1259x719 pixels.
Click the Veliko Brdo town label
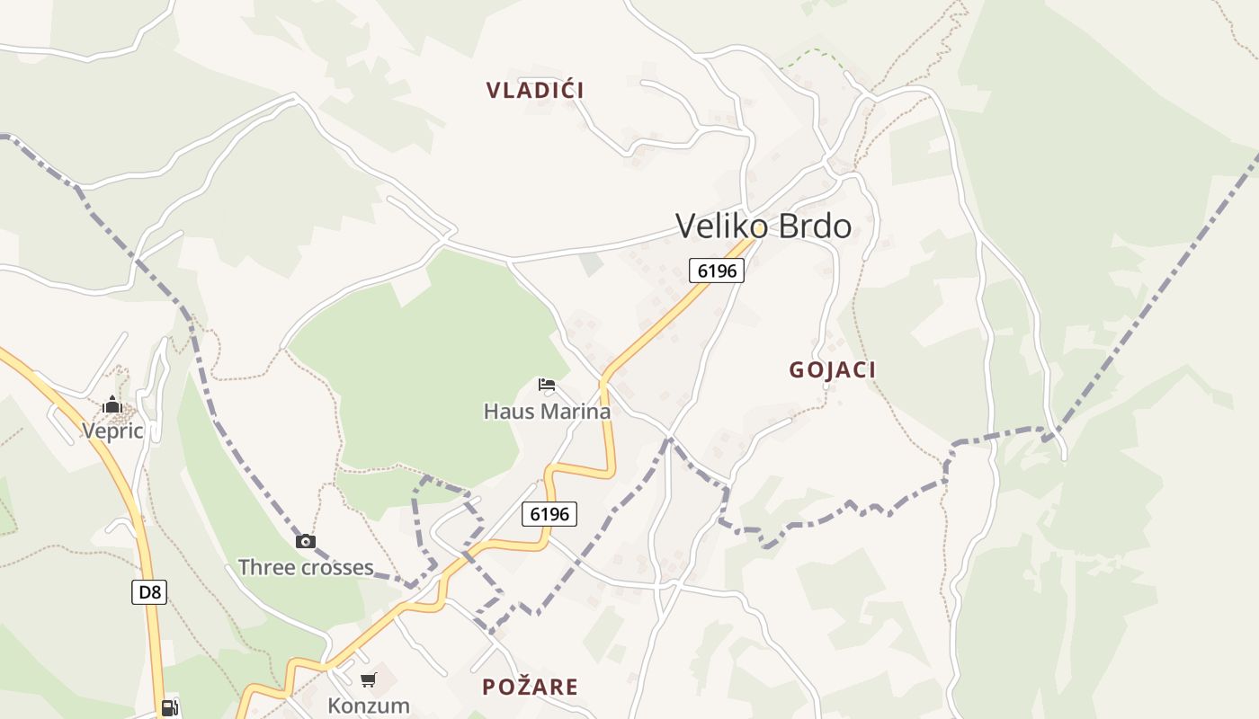click(x=763, y=226)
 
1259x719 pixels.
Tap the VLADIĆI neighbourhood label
click(x=535, y=90)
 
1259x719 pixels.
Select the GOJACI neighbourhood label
click(x=832, y=369)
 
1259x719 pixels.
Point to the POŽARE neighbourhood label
click(x=530, y=687)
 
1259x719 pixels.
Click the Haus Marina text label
click(x=547, y=412)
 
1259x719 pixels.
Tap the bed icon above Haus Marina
click(x=546, y=386)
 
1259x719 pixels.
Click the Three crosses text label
click(x=305, y=567)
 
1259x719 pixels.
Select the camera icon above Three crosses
click(x=306, y=541)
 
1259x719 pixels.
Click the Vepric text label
click(x=112, y=431)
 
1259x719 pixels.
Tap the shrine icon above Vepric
click(x=112, y=404)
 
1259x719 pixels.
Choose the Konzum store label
click(x=368, y=705)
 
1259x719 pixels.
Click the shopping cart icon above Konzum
click(x=368, y=679)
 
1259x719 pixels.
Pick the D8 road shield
click(x=149, y=591)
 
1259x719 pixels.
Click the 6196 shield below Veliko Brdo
click(x=717, y=270)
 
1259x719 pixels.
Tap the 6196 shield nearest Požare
click(x=549, y=514)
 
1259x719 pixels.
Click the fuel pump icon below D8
click(x=169, y=708)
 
